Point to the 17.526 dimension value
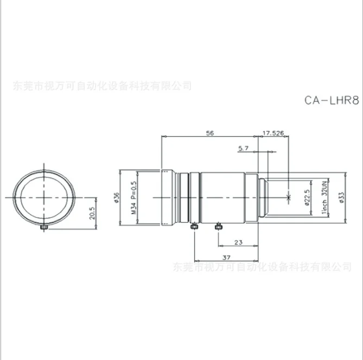tap(273, 132)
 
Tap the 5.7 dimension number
tap(243, 147)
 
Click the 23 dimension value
tap(237, 243)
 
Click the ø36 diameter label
tap(116, 198)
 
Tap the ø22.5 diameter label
tap(307, 198)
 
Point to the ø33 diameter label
tap(341, 198)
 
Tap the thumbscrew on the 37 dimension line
tap(194, 226)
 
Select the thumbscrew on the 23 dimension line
tap(218, 226)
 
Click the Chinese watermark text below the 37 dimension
tap(262, 267)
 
